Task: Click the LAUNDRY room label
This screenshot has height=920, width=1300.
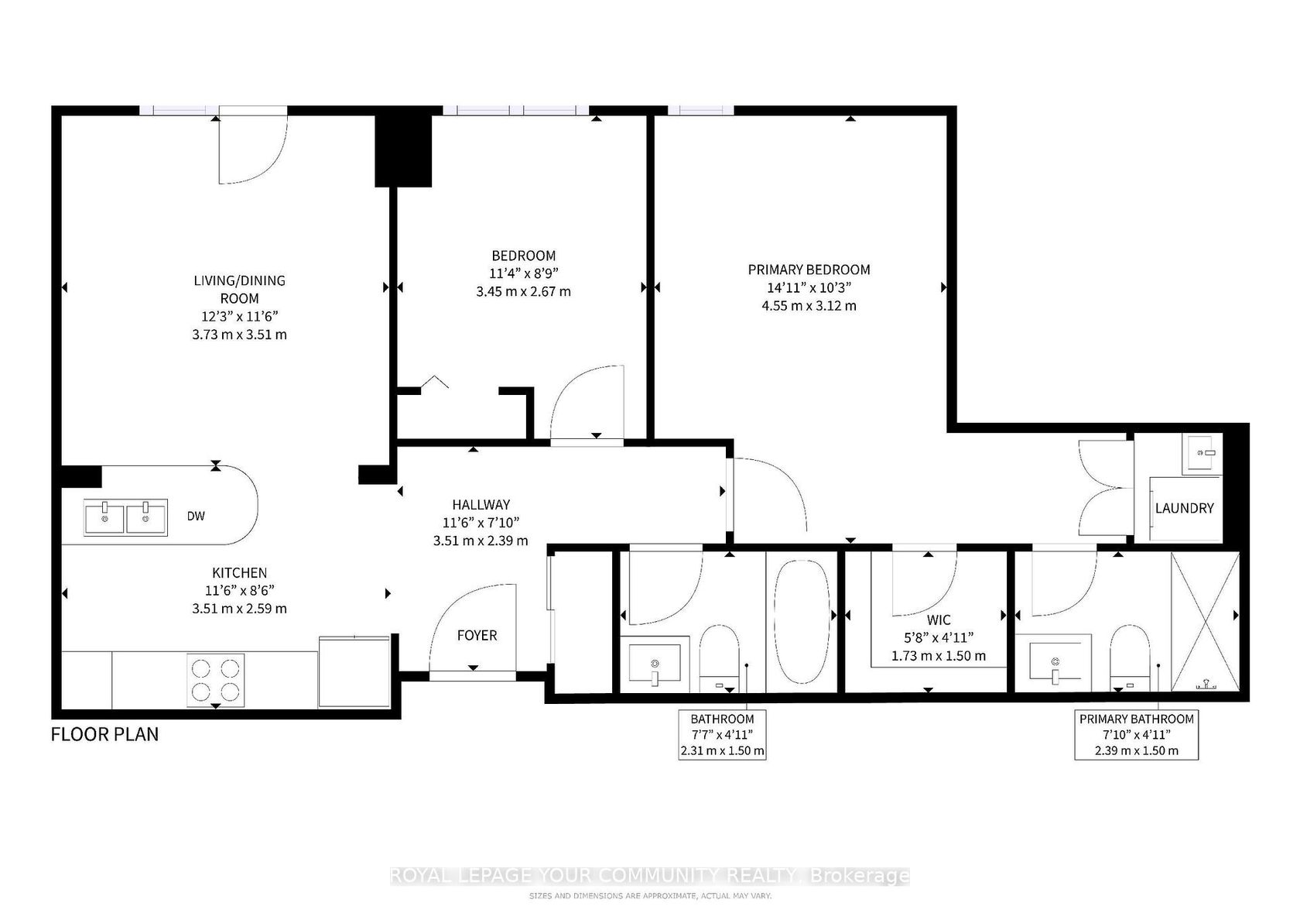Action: (1184, 508)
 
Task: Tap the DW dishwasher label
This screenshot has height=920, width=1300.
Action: (196, 516)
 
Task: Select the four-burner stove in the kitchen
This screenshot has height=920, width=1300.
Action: (215, 680)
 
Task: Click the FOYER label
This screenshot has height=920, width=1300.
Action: (477, 635)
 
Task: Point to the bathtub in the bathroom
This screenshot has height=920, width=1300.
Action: (802, 621)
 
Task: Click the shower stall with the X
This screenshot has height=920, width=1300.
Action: (1206, 621)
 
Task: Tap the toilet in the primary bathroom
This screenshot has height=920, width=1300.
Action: (1130, 658)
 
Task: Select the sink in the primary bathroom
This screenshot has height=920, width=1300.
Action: (1060, 663)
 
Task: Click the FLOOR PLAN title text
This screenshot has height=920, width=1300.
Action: (104, 734)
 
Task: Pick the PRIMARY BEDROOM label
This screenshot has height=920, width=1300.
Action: (809, 269)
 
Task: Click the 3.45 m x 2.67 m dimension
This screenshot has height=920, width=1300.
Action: (523, 291)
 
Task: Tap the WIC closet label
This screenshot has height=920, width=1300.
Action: (939, 620)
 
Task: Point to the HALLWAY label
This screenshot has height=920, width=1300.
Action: (481, 505)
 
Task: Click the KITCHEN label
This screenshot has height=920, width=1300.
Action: (240, 573)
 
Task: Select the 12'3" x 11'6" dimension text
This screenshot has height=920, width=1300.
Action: (240, 317)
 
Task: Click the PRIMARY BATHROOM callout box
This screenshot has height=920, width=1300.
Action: (1136, 735)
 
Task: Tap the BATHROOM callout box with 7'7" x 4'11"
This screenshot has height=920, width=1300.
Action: (723, 735)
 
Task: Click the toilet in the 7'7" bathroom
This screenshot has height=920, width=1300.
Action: (719, 658)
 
